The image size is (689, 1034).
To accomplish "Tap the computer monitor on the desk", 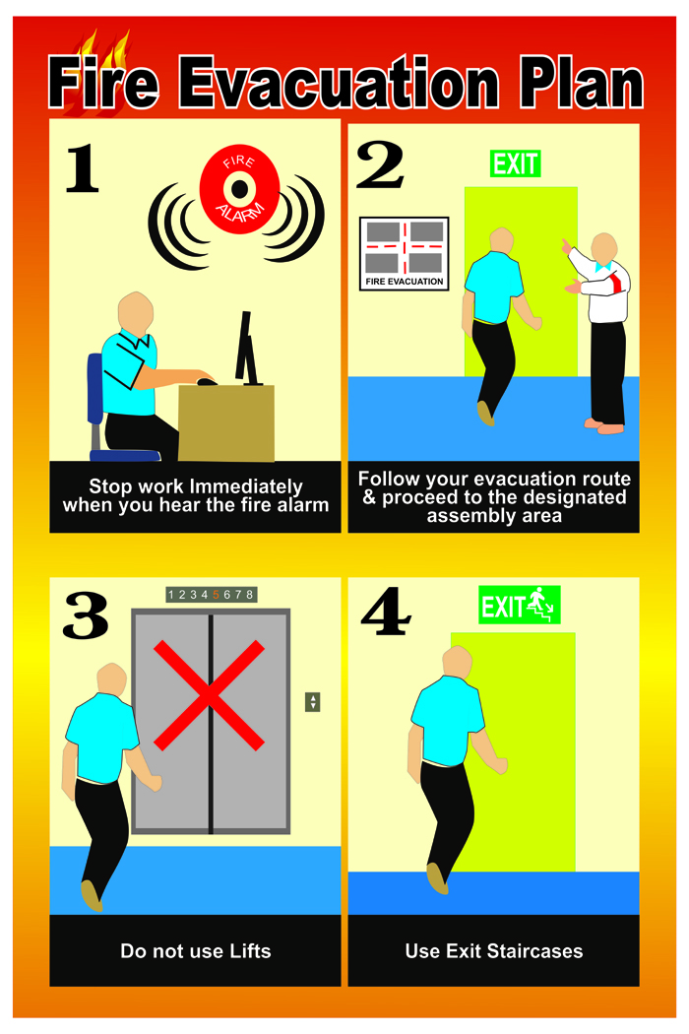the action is click(x=246, y=349).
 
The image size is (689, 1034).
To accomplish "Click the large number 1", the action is click(x=83, y=168).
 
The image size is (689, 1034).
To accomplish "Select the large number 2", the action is click(x=380, y=164).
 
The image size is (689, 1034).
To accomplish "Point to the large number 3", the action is click(x=86, y=615).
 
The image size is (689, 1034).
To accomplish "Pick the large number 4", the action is click(x=386, y=612).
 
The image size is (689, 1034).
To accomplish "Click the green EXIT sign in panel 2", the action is click(x=516, y=163).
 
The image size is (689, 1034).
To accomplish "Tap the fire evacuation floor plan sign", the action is click(x=405, y=254).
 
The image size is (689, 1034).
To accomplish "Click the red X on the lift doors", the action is click(x=209, y=695).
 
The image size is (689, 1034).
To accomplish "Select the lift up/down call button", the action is click(x=313, y=701).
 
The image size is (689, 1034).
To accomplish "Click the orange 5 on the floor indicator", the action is click(x=216, y=595).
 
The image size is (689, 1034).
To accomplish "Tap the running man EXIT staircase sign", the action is click(x=520, y=605).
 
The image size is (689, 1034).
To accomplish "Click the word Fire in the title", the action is click(x=103, y=83).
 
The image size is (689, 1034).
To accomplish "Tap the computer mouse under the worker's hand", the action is click(x=207, y=381).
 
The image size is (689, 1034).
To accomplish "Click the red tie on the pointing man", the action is click(x=616, y=283).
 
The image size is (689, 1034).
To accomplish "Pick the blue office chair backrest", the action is click(x=94, y=389).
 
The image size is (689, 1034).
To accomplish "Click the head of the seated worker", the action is click(x=135, y=315).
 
